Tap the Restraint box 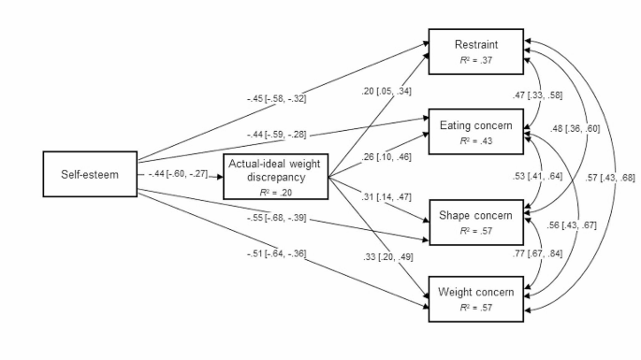(x=475, y=50)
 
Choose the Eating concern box (x=475, y=132)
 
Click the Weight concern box (x=475, y=298)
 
